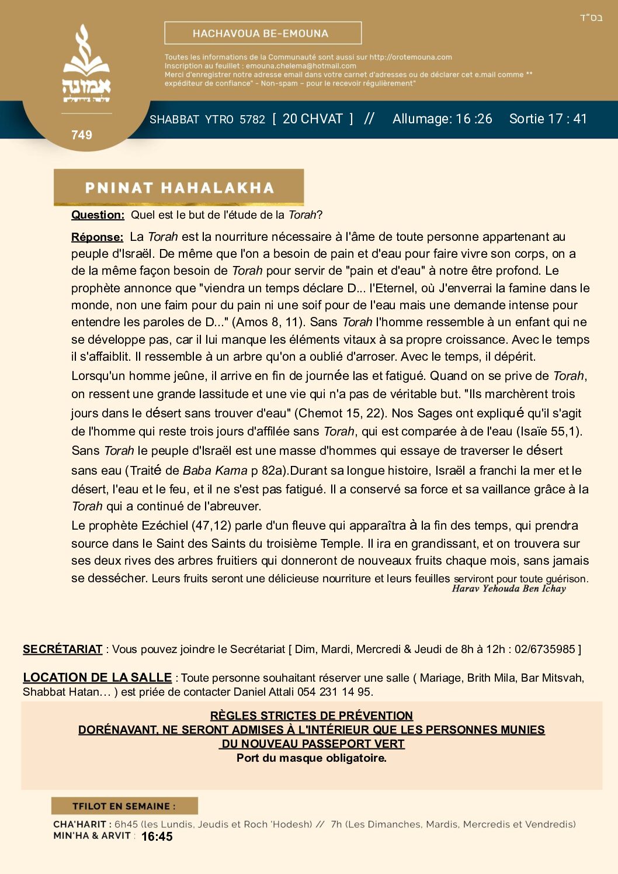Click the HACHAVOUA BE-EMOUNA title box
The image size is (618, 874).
pos(263,33)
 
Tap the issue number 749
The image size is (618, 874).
pos(82,135)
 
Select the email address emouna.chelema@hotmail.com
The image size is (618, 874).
pos(301,66)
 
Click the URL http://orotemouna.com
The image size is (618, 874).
pos(411,57)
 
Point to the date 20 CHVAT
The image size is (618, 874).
pos(313,119)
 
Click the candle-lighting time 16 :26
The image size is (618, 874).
pos(474,119)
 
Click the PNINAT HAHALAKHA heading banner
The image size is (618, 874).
pos(179,188)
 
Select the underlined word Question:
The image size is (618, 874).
pos(98,215)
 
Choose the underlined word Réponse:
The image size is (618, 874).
pos(97,237)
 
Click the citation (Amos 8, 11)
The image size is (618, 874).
pos(268,322)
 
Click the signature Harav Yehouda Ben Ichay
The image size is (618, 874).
pos(509,589)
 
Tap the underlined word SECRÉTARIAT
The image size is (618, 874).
pos(63,650)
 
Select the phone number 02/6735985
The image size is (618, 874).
pos(544,650)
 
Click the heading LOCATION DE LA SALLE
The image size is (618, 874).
pos(97,678)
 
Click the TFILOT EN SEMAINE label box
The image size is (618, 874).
pos(124,806)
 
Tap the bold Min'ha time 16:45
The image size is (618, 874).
pos(157,837)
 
